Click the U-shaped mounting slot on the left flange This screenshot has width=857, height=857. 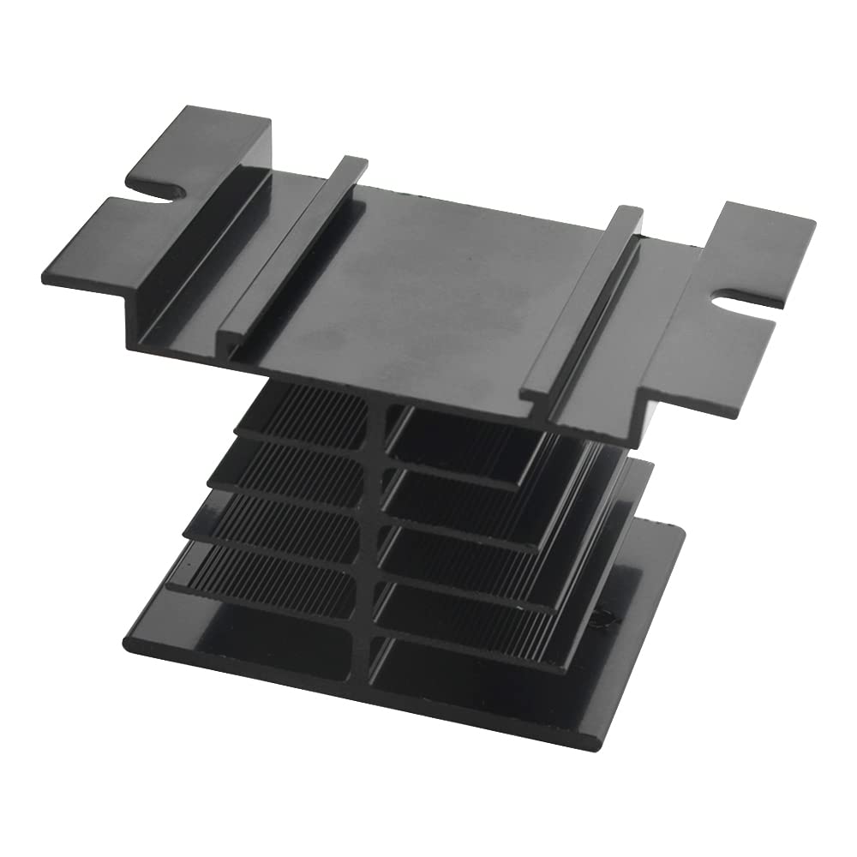(159, 190)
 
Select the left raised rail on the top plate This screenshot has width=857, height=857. (291, 249)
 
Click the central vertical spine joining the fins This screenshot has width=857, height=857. (375, 531)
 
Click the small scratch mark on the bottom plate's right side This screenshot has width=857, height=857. (603, 615)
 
